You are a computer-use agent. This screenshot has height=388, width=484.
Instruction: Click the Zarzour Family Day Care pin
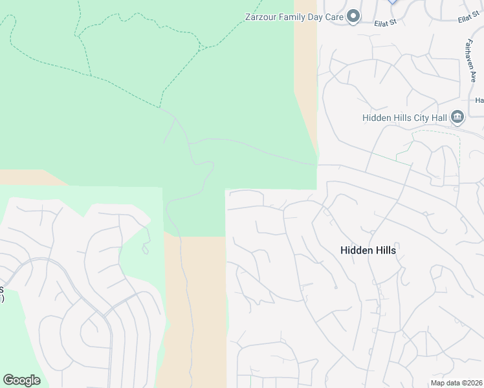(353, 16)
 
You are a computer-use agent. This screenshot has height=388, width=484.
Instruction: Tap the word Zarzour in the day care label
(261, 17)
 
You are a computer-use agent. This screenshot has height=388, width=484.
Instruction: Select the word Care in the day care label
(333, 17)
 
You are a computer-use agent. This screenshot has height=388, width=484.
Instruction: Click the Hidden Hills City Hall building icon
(457, 117)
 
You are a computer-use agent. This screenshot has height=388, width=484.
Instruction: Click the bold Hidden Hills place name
(368, 250)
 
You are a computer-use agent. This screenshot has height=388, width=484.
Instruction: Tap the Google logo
(21, 380)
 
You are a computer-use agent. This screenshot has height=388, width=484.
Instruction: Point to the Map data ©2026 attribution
(456, 383)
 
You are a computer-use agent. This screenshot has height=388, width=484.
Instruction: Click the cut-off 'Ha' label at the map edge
(479, 100)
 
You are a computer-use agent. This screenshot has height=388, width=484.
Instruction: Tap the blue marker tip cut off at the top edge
(391, 2)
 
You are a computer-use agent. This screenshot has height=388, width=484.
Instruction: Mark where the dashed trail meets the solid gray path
(160, 108)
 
